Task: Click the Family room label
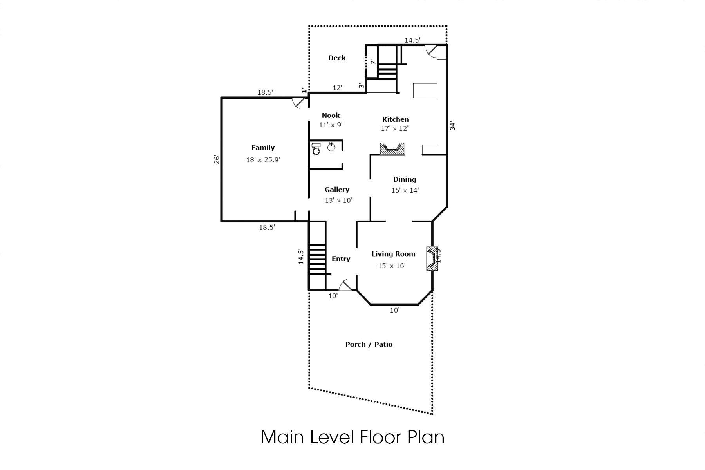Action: pyautogui.click(x=263, y=148)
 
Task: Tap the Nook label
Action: pyautogui.click(x=331, y=115)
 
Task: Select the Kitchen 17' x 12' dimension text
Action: pyautogui.click(x=395, y=128)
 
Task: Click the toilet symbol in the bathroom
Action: pyautogui.click(x=316, y=149)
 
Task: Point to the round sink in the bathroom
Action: pyautogui.click(x=331, y=147)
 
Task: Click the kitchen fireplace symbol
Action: pyautogui.click(x=392, y=148)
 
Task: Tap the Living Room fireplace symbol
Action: pyautogui.click(x=432, y=258)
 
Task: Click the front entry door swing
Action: pyautogui.click(x=345, y=285)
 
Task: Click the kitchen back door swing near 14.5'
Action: pyautogui.click(x=432, y=51)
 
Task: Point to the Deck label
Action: pyautogui.click(x=337, y=58)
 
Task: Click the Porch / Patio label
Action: pyautogui.click(x=369, y=344)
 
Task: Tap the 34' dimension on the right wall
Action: pyautogui.click(x=452, y=126)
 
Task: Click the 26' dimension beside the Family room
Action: pyautogui.click(x=217, y=159)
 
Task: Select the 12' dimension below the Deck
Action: pyautogui.click(x=337, y=88)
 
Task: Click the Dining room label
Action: pyautogui.click(x=404, y=179)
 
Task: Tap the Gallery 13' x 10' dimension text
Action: pyautogui.click(x=338, y=201)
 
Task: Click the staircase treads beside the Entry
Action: pyautogui.click(x=317, y=259)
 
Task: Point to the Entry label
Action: pyautogui.click(x=341, y=258)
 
